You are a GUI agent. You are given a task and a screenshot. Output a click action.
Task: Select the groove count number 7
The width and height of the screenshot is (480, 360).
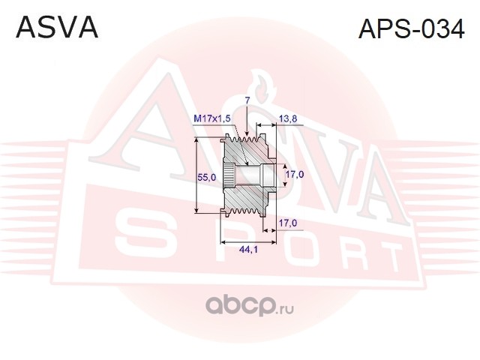click(247, 100)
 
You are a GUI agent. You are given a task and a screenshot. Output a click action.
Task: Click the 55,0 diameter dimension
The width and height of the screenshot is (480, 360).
click(207, 177)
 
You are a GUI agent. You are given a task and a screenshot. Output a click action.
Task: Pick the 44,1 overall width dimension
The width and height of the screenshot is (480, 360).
click(247, 250)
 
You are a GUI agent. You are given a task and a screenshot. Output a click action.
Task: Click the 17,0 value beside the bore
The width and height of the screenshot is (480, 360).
click(293, 175)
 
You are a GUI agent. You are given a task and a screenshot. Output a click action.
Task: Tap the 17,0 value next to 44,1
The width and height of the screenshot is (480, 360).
click(289, 223)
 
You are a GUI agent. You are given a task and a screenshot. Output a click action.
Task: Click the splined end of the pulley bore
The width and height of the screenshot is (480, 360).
click(233, 177)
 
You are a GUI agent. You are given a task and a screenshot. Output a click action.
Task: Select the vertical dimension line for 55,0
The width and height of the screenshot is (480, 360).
click(197, 177)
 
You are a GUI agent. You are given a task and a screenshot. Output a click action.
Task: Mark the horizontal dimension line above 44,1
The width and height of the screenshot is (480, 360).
click(247, 241)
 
